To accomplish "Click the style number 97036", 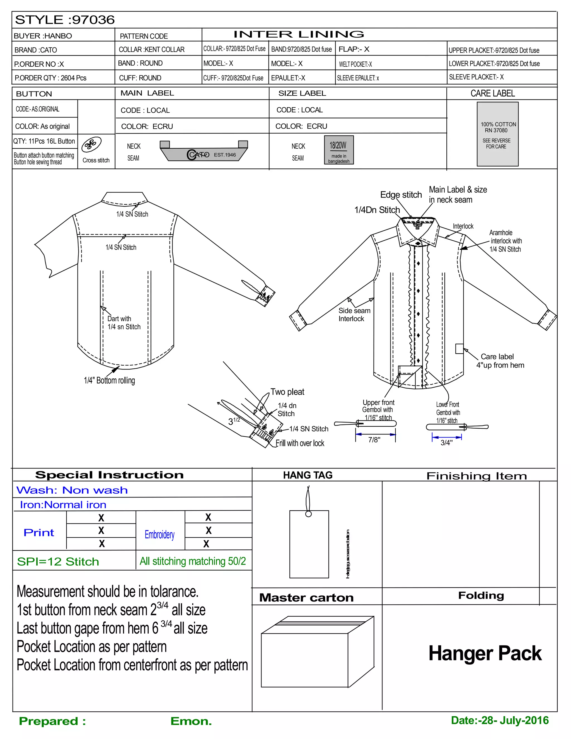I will (x=93, y=20).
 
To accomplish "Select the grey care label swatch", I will (x=497, y=134).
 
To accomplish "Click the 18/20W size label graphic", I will (x=338, y=150).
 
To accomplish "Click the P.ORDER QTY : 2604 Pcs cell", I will (x=50, y=78).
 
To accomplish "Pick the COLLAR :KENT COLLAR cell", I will (x=152, y=50).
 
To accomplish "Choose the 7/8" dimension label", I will (x=374, y=440).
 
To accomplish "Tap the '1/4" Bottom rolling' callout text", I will (x=109, y=381).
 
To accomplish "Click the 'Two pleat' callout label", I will (x=287, y=392).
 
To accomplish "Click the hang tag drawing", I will (x=309, y=544).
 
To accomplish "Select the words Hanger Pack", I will (x=485, y=653).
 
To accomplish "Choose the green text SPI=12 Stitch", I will (x=58, y=562).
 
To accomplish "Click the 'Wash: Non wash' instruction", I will (x=72, y=490).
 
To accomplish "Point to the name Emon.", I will (x=191, y=721).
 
